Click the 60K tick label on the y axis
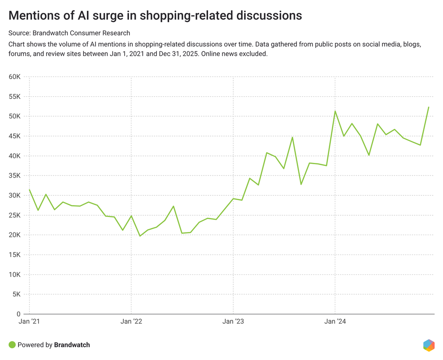click(14, 77)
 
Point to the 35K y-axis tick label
click(14, 176)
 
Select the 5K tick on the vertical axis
click(16, 295)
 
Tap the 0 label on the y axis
click(18, 314)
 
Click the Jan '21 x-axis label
click(29, 322)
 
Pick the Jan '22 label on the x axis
click(131, 322)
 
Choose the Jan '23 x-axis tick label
click(233, 322)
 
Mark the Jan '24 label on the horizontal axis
click(335, 322)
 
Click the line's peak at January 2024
click(335, 111)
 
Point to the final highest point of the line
click(429, 107)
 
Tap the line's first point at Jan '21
click(29, 190)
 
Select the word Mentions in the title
click(33, 16)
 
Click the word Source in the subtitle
click(19, 33)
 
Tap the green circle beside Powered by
click(12, 345)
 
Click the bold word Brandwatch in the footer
click(72, 345)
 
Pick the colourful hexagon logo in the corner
click(429, 345)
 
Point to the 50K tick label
click(14, 117)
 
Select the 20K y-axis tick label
click(14, 235)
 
